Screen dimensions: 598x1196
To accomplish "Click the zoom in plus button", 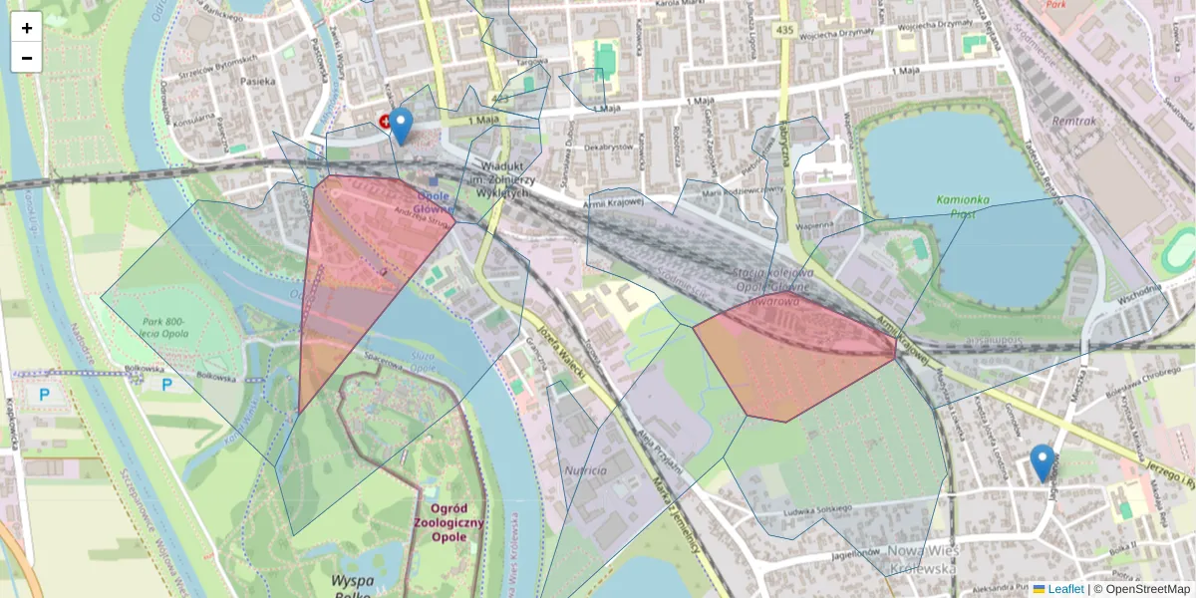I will [27, 28].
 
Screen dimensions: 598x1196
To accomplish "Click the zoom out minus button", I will [27, 58].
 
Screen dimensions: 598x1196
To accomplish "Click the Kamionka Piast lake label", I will [963, 205].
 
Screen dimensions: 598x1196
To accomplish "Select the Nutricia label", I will [585, 469].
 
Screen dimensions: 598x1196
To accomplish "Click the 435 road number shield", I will [785, 31].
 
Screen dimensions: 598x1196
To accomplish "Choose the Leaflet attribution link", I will [1065, 589].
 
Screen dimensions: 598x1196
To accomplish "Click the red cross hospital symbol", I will [384, 122].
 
